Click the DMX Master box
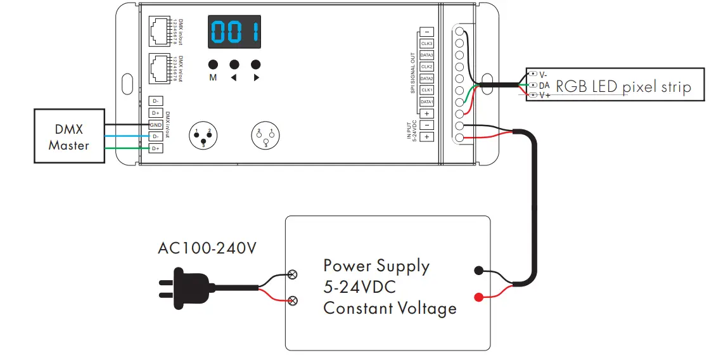coord(69,136)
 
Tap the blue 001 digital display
coord(234,32)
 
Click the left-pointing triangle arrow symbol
coord(234,78)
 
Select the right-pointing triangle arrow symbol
coord(256,78)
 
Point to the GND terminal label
coord(155,125)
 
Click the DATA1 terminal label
coord(426,101)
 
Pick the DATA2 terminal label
coord(426,79)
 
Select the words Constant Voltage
coord(390,309)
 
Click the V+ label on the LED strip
coord(544,95)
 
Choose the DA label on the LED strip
coord(544,85)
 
